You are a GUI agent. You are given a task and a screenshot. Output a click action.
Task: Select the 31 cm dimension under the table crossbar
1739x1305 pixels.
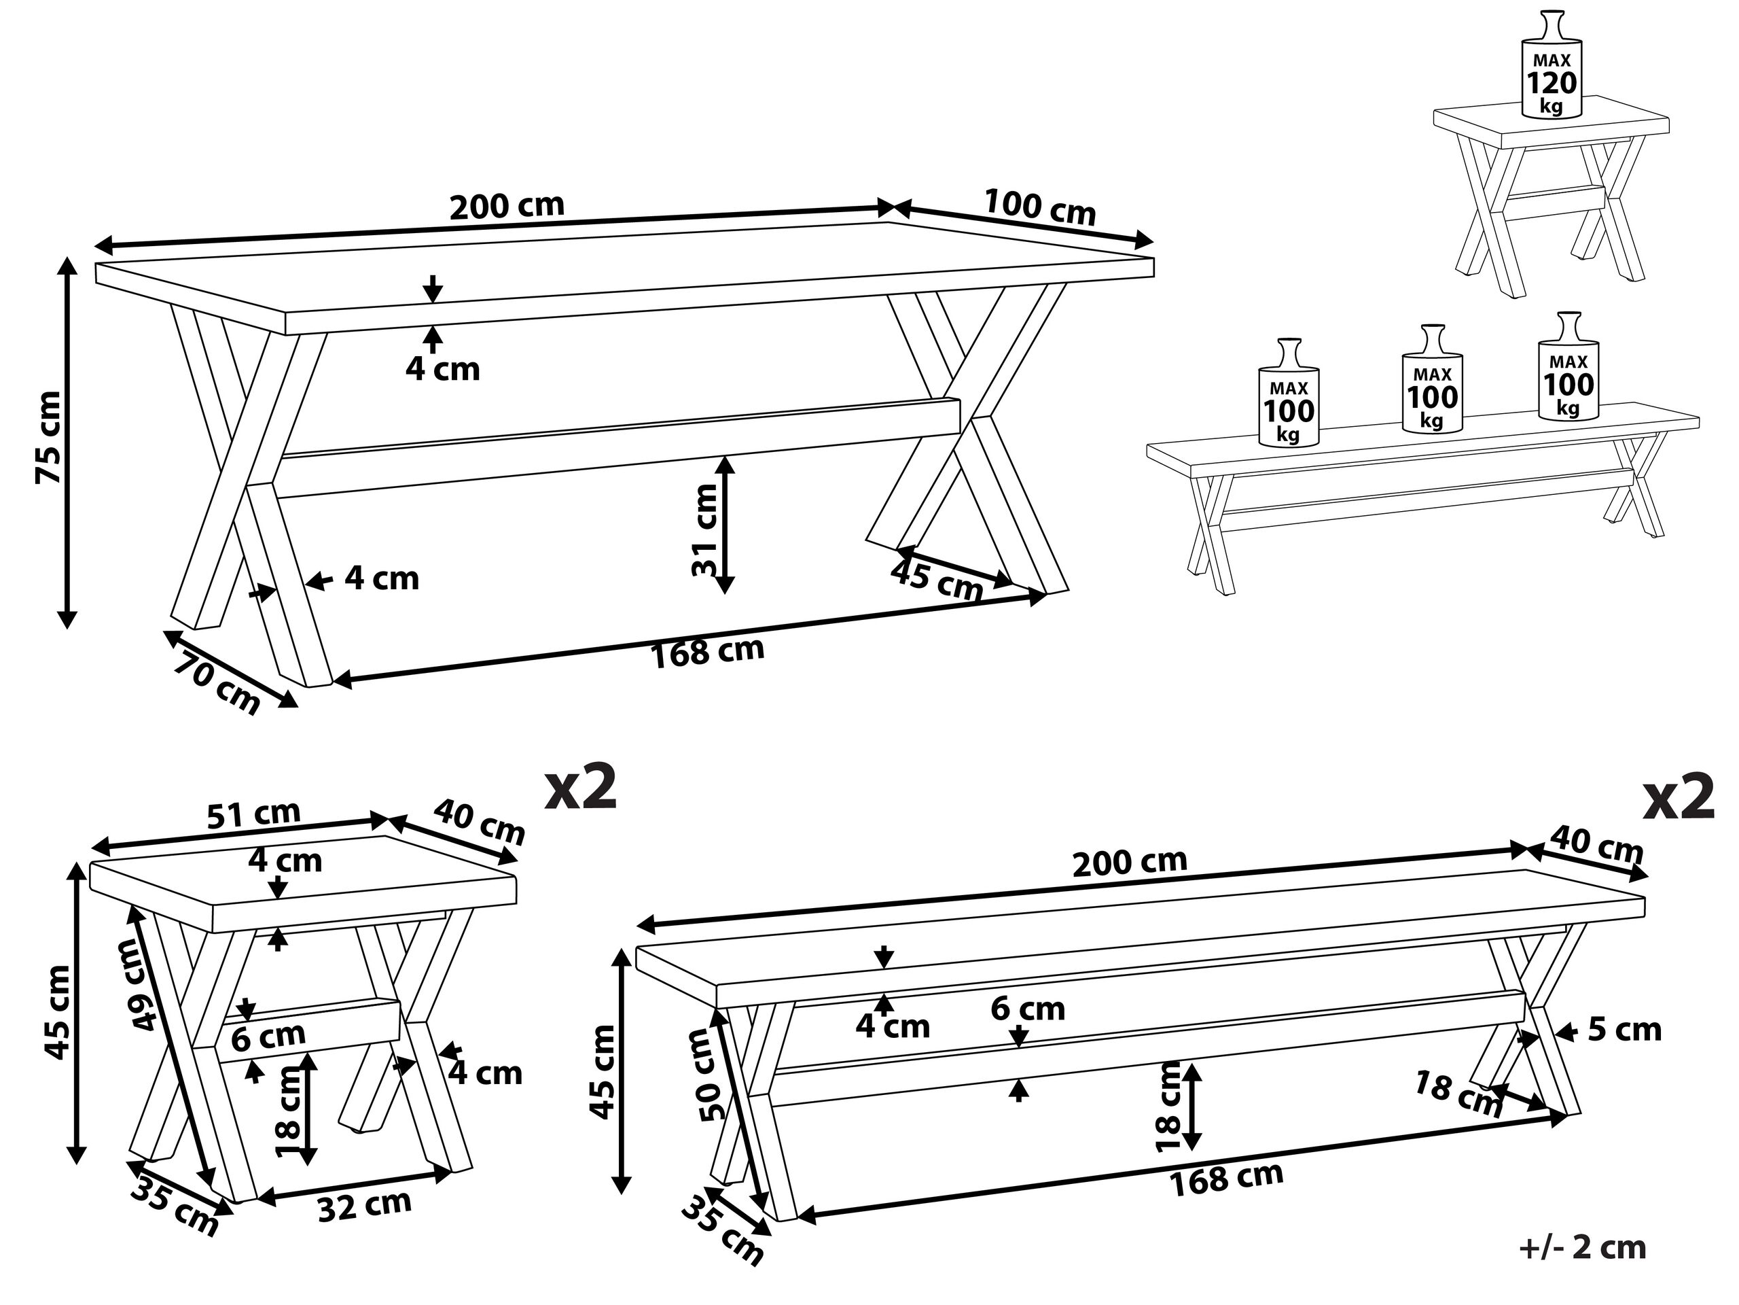coord(704,530)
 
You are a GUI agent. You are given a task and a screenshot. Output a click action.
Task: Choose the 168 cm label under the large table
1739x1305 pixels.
coord(706,652)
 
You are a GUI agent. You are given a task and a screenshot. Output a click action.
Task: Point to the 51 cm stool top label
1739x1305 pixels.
coord(253,815)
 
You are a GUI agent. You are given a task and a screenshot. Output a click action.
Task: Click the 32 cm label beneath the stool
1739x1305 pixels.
coord(364,1206)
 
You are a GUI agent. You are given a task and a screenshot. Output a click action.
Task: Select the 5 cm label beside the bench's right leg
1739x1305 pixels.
coord(1624,1030)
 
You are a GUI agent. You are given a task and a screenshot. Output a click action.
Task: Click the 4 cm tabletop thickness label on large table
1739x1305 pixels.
coord(443,368)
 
